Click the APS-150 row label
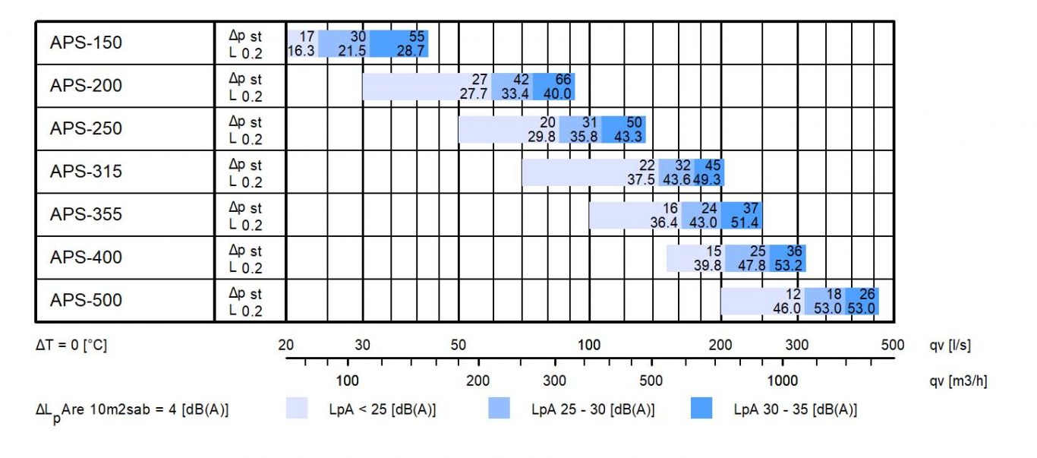(86, 43)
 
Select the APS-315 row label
(86, 172)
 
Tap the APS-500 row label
(86, 301)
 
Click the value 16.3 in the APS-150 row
(301, 50)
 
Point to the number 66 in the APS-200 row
(563, 79)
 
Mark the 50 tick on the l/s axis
(459, 345)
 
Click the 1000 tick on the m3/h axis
(783, 380)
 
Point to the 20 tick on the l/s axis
(285, 345)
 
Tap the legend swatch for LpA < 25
(297, 409)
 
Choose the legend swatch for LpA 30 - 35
(701, 409)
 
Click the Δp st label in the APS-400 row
(245, 251)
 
